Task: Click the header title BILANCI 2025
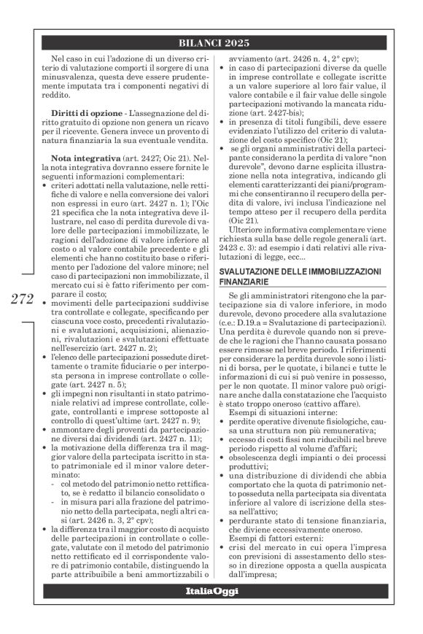[218, 43]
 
